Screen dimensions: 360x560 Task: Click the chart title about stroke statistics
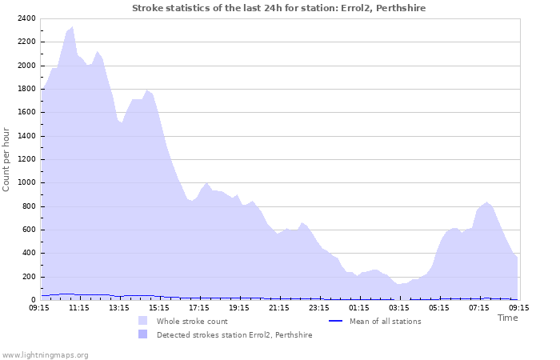tap(278, 8)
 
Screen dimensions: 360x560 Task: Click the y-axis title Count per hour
tap(7, 158)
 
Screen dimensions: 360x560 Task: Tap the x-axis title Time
tap(507, 318)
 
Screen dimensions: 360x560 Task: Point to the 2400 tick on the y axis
tap(26, 18)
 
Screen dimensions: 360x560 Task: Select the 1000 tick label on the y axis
tap(26, 183)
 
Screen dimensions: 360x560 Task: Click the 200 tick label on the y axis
tap(28, 277)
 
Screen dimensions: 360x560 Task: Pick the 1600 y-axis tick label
tap(26, 113)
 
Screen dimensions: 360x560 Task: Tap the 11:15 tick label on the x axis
tap(79, 306)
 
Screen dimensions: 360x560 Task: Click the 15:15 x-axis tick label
tap(159, 306)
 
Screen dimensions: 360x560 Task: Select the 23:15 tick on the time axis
tap(319, 306)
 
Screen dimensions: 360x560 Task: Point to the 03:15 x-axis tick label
tap(399, 306)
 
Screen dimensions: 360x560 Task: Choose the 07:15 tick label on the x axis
tap(479, 306)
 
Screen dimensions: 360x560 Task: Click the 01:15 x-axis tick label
tap(359, 306)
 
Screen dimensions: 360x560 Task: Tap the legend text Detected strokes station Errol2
tap(234, 334)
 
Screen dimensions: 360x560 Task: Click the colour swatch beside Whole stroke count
tap(142, 321)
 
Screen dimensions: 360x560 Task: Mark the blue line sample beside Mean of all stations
tap(337, 321)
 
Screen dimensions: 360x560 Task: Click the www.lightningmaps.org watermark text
tap(45, 354)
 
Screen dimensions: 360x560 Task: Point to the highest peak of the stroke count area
tap(72, 27)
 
